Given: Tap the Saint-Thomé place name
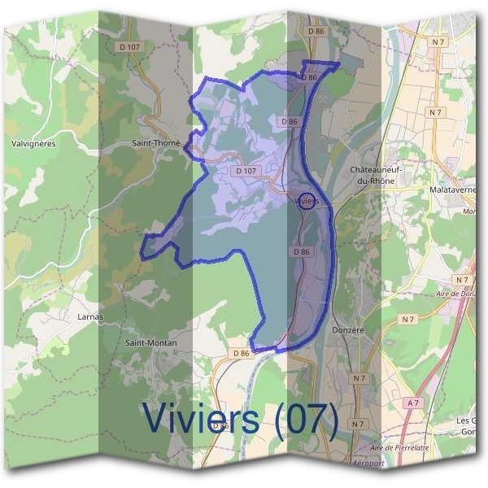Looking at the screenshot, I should [x=155, y=142].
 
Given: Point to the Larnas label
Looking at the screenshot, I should [x=89, y=316].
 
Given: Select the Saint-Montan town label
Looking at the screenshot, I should [x=150, y=343].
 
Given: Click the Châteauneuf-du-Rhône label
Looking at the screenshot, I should [x=376, y=175].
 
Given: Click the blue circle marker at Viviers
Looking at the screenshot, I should [x=307, y=199].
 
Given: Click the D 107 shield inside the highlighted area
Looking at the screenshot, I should [x=245, y=171].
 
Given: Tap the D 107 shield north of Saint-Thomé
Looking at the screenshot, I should [x=129, y=47].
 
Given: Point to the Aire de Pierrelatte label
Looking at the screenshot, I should [x=399, y=448].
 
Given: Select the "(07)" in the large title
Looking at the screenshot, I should [x=306, y=417].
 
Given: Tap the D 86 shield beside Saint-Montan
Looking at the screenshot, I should [x=241, y=354].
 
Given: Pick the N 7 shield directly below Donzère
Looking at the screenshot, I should [x=359, y=378].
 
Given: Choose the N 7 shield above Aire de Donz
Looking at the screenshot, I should [x=462, y=279].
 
